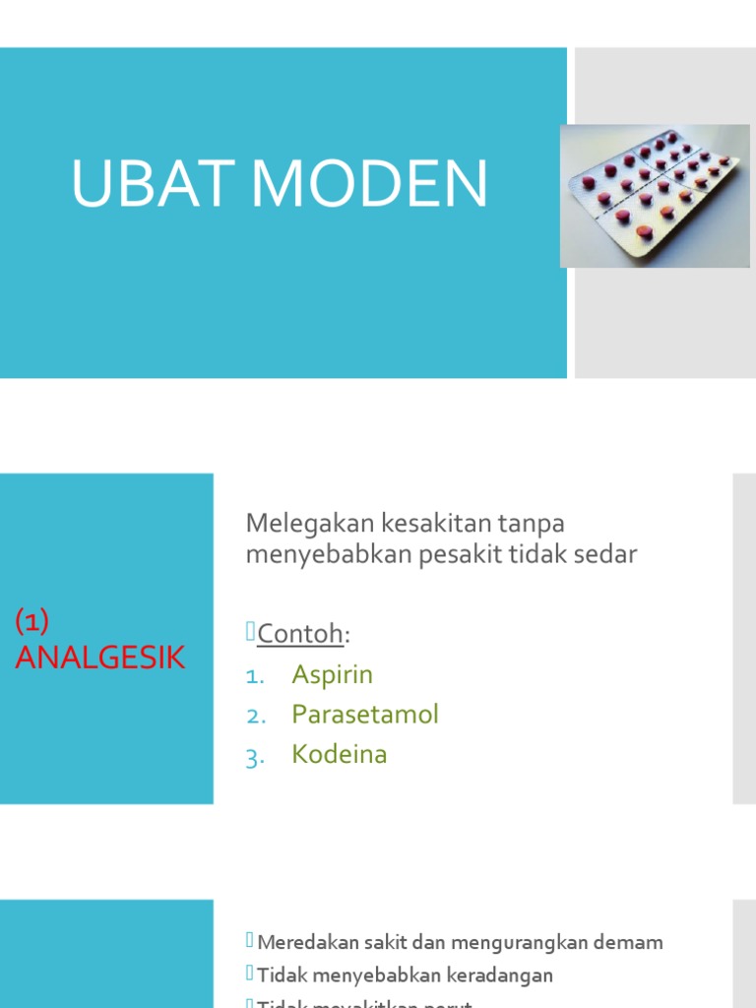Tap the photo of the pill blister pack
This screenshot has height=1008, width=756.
[654, 196]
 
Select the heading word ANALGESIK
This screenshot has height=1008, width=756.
[100, 658]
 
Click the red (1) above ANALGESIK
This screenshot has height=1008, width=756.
[32, 621]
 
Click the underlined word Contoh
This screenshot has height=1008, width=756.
[299, 634]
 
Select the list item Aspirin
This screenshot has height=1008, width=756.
[333, 675]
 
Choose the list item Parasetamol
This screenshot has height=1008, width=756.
[365, 715]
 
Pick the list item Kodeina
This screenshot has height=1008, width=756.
[340, 755]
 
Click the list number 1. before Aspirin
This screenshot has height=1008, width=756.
[255, 676]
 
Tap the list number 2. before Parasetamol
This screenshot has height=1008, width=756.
[256, 716]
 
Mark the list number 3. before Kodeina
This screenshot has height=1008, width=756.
[256, 756]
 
